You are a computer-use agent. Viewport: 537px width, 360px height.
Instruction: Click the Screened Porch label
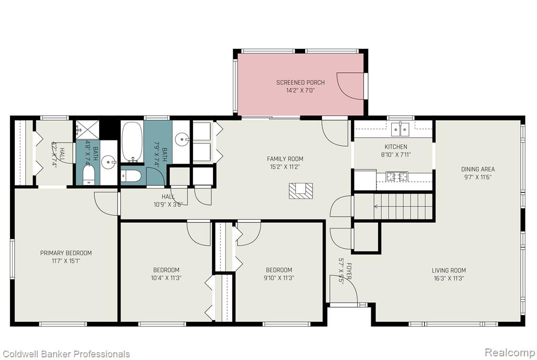[x=300, y=82]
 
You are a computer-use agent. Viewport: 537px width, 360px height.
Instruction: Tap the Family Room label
[x=285, y=159]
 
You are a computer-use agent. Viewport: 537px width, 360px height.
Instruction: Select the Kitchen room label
[x=396, y=147]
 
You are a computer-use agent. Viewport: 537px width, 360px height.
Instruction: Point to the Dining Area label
[x=478, y=169]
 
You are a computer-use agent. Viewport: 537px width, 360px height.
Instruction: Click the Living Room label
[x=449, y=270]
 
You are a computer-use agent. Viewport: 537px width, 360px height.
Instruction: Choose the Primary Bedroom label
[x=66, y=253]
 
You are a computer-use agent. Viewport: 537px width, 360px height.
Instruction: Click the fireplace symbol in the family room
[x=300, y=191]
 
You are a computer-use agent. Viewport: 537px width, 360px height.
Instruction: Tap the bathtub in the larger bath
[x=132, y=141]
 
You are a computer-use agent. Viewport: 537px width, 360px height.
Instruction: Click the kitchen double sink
[x=400, y=129]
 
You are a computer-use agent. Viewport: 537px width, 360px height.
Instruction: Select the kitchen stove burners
[x=397, y=177]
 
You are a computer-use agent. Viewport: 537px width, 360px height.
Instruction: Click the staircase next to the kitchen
[x=394, y=206]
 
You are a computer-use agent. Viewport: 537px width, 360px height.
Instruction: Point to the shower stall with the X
[x=87, y=130]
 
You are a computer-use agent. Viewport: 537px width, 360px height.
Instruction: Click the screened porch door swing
[x=350, y=86]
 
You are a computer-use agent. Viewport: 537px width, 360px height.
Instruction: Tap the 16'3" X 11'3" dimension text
[x=449, y=279]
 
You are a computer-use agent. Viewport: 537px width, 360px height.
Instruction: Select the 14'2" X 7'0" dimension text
[x=300, y=91]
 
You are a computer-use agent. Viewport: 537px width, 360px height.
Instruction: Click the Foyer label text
[x=349, y=271]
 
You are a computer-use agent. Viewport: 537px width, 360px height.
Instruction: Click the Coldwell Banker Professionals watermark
[x=66, y=354]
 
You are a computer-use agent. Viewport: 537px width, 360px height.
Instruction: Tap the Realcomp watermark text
[x=510, y=352]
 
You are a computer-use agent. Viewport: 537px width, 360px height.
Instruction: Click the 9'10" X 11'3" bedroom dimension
[x=279, y=278]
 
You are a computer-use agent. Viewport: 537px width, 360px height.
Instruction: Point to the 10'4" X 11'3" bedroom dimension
[x=166, y=278]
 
